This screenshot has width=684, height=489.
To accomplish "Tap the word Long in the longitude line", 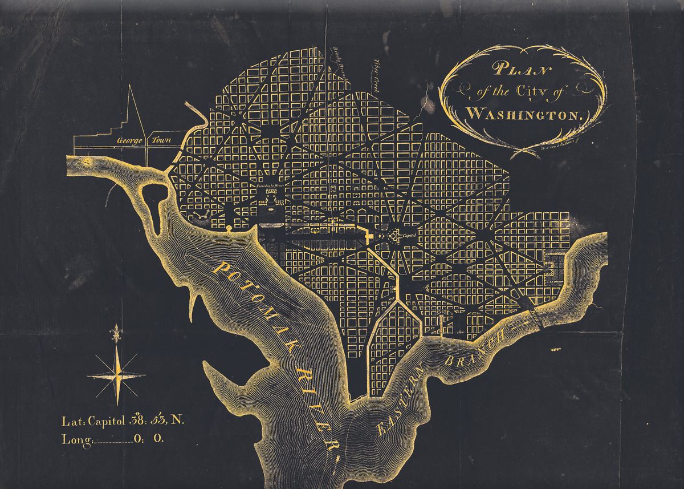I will (x=76, y=439).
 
